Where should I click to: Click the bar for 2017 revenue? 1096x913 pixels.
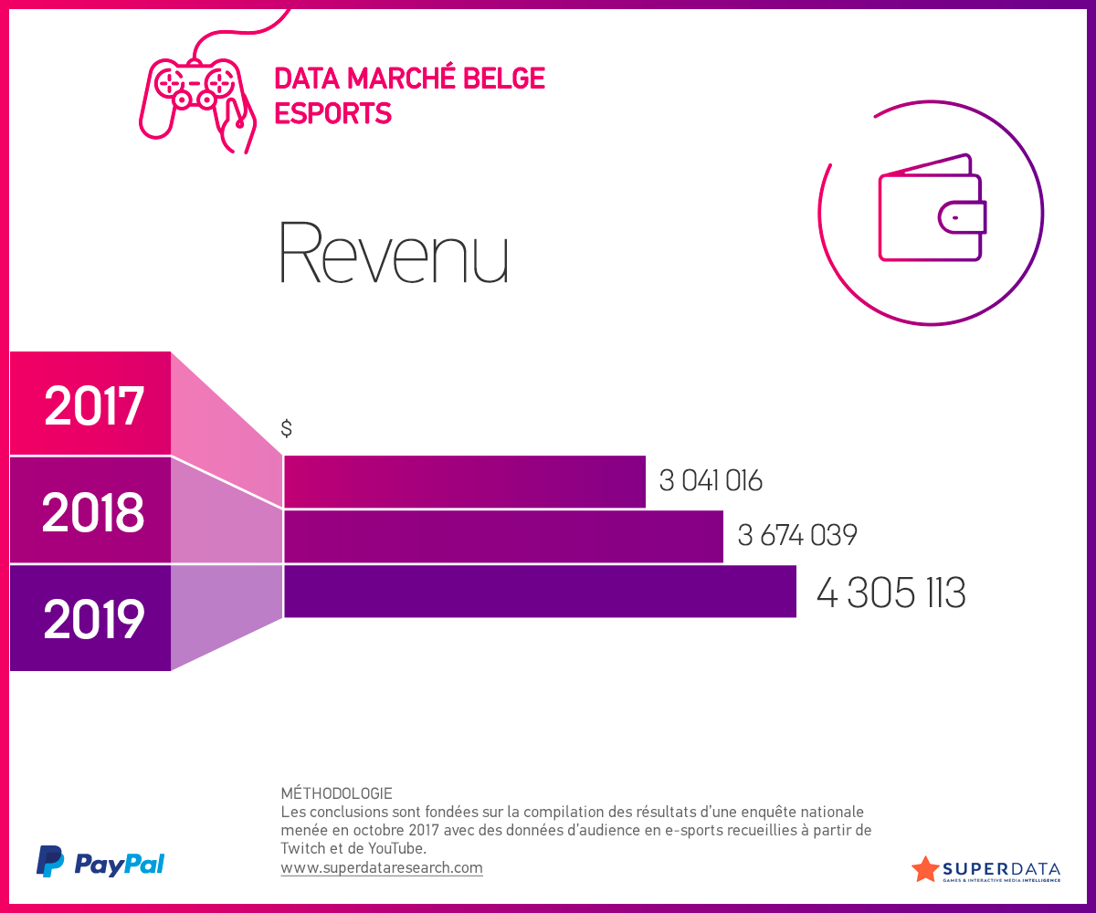464,481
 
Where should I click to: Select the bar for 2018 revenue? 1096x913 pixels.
503,536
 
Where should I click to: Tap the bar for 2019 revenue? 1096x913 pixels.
540,592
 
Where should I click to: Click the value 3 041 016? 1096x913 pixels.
711,481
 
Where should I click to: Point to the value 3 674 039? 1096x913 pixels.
796,535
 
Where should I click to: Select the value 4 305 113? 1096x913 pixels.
890,593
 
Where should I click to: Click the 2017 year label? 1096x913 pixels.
93,406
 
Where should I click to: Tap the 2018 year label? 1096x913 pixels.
92,513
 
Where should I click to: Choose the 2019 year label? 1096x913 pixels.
93,620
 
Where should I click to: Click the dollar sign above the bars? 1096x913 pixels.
287,429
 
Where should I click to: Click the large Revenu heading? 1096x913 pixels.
393,253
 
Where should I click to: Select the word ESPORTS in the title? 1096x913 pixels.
332,113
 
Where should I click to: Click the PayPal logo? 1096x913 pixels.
100,863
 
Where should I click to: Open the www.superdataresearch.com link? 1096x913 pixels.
382,867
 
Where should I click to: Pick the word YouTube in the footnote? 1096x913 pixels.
395,849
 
